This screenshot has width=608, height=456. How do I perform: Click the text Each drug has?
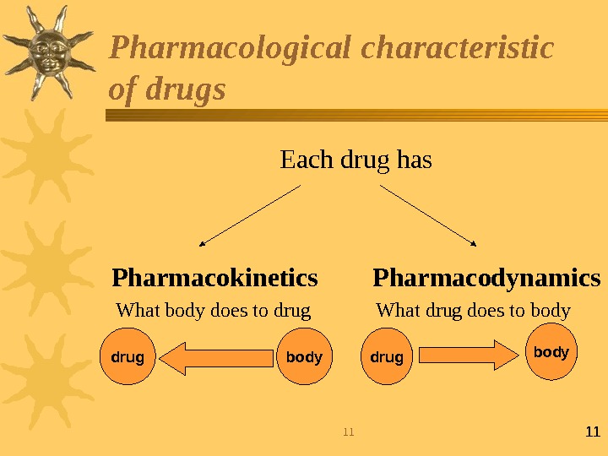tap(356, 159)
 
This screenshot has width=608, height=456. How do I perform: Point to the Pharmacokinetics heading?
tap(214, 278)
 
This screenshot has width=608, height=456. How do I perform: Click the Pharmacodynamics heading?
tap(486, 278)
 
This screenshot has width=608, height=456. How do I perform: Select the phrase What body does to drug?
tap(213, 311)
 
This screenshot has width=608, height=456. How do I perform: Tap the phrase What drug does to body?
tap(473, 311)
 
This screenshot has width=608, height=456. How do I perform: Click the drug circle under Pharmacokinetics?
tap(128, 357)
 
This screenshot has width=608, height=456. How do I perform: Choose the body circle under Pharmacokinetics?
tap(304, 357)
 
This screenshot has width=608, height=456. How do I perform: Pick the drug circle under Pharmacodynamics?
tap(387, 357)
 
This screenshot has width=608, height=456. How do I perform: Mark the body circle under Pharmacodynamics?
tap(551, 352)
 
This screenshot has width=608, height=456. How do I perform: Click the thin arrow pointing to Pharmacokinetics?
tap(251, 215)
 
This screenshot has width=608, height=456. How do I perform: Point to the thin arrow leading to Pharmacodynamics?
tap(429, 215)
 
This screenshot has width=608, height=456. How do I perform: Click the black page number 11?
tap(592, 432)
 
